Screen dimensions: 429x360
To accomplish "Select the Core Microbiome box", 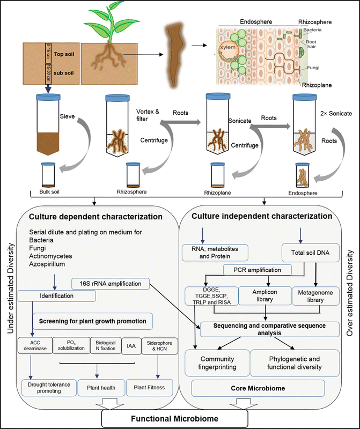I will pos(257,387).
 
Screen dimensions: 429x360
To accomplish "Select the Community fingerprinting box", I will pos(213,362).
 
